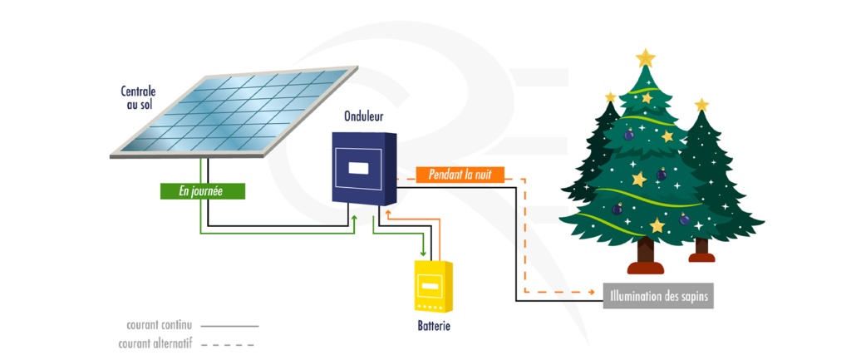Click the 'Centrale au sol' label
coord(139,98)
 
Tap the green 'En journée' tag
coord(203,190)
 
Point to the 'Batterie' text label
coord(433,326)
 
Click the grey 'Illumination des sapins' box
coord(658,295)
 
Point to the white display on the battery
coord(430,286)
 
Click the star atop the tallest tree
coord(645,57)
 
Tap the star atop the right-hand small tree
coord(701,105)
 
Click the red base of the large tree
coord(645,267)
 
